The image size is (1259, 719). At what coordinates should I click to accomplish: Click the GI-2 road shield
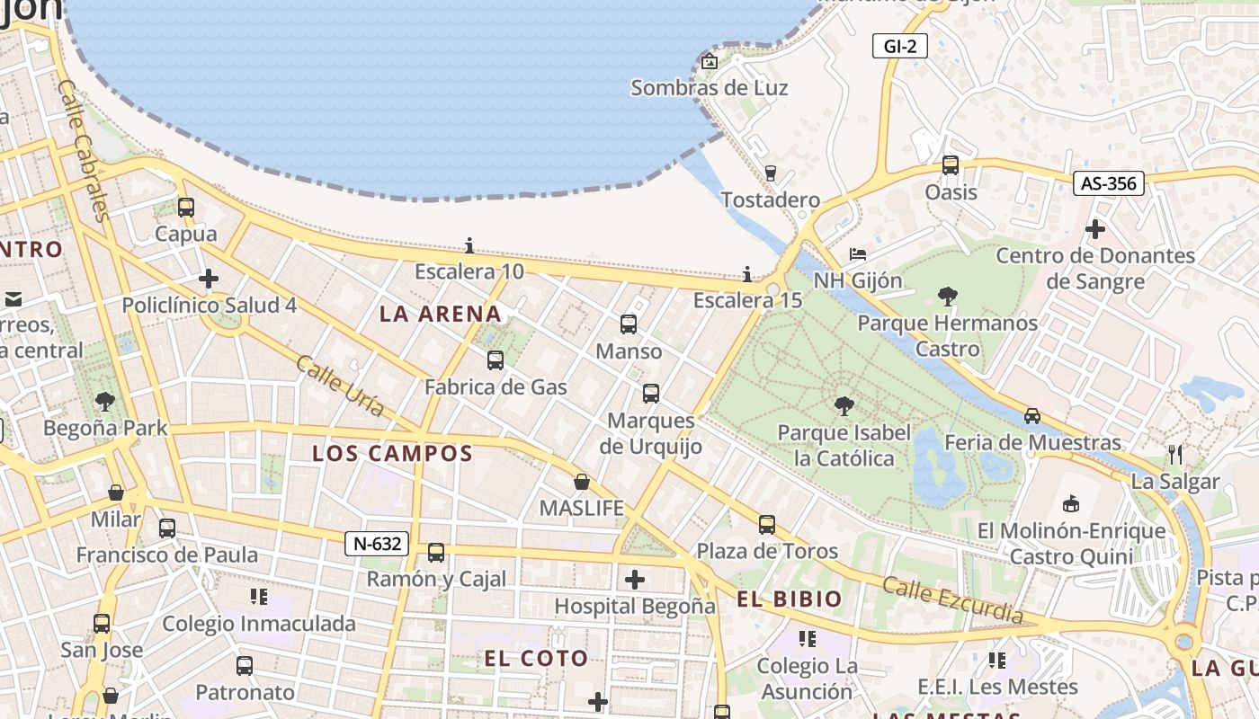coord(899,46)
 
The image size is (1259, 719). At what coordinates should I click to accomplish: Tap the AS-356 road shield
coord(1109,183)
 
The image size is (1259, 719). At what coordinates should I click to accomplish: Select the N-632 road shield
coord(378,544)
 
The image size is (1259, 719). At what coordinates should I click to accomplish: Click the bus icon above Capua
coord(186,208)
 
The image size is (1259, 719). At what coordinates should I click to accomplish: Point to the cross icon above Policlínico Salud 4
coord(209,279)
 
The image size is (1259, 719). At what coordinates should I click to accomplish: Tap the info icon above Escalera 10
coord(469,245)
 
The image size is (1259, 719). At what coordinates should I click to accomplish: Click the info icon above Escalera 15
coord(747,274)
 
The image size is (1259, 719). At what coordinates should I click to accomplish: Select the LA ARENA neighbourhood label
coord(440,314)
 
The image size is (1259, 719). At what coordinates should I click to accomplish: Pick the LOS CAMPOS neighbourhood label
coord(392,454)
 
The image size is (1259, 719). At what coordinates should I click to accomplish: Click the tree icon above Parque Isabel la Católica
coord(844,406)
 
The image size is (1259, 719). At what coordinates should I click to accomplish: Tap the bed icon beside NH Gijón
coord(858,254)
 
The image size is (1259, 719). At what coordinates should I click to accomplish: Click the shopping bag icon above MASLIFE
coord(582,482)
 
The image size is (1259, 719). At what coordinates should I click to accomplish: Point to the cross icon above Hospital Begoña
coord(635,580)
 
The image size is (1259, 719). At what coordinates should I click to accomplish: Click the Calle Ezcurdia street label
coord(952,599)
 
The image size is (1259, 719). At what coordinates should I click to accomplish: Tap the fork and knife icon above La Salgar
coord(1174,454)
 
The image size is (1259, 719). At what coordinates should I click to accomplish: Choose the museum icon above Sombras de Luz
coord(710,61)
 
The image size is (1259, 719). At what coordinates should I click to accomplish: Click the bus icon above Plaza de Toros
coord(767,524)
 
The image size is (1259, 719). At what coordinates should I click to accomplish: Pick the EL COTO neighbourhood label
coord(536,659)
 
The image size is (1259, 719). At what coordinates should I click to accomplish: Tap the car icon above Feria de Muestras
coord(1032,416)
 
